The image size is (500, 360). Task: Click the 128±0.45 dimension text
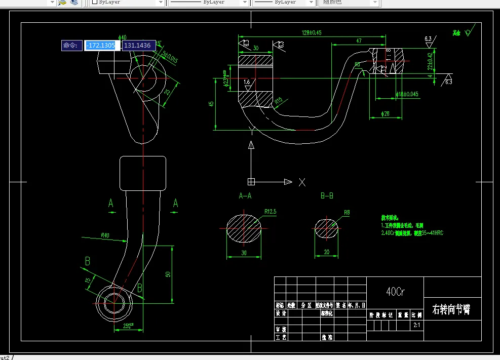tap(311, 32)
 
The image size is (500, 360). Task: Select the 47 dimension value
tap(359, 40)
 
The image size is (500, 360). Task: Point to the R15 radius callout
tap(279, 101)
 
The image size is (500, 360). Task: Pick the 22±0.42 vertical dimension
tap(430, 61)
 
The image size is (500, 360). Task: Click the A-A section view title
tap(245, 195)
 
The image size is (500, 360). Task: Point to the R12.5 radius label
tap(270, 212)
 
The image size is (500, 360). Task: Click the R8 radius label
tap(347, 213)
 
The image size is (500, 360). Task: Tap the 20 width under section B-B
tap(327, 252)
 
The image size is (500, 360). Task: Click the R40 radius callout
tap(105, 235)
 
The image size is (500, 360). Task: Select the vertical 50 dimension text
tap(168, 274)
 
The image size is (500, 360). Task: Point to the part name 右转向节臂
tap(451, 309)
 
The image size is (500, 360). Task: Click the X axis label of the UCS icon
tap(302, 182)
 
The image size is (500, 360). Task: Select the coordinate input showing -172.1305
tap(102, 46)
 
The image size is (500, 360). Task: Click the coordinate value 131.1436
tap(137, 46)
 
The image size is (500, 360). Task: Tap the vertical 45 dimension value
tap(212, 104)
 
